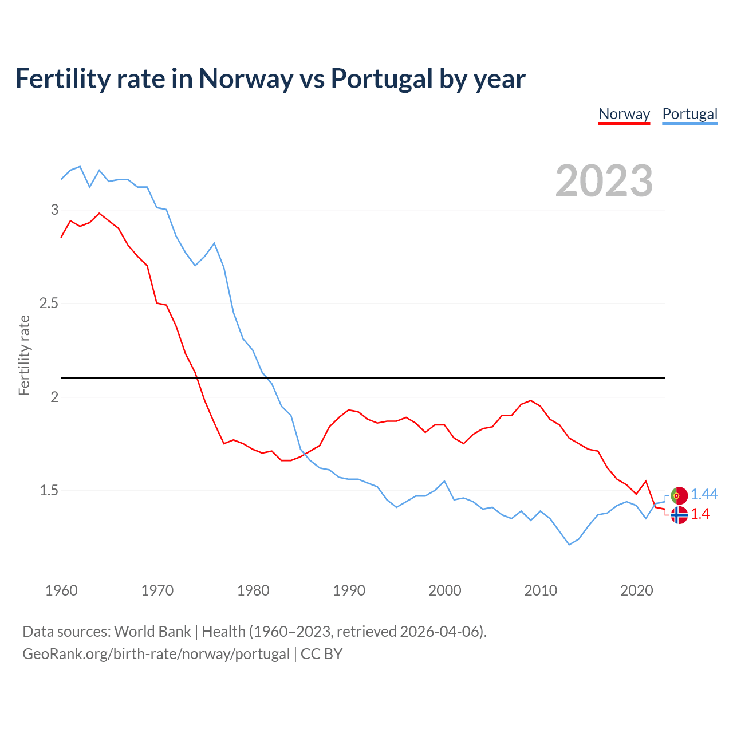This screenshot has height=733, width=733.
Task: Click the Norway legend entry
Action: pyautogui.click(x=624, y=114)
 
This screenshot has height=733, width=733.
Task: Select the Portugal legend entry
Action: pyautogui.click(x=689, y=114)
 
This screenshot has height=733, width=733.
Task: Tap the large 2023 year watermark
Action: pyautogui.click(x=604, y=181)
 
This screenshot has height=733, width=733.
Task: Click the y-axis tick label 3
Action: pyautogui.click(x=55, y=210)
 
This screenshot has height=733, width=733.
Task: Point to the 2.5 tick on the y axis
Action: pyautogui.click(x=49, y=303)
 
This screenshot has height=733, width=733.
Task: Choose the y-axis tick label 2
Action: pyautogui.click(x=55, y=397)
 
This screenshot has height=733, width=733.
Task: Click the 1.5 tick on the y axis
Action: pyautogui.click(x=49, y=490)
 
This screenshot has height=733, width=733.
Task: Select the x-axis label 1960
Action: pyautogui.click(x=61, y=590)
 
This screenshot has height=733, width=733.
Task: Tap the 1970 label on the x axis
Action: pyautogui.click(x=157, y=590)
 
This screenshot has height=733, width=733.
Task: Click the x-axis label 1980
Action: pyautogui.click(x=253, y=590)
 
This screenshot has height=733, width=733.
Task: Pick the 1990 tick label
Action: pyautogui.click(x=349, y=590)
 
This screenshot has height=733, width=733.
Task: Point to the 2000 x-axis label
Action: pyautogui.click(x=444, y=590)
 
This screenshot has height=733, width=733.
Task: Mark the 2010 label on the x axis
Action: pyautogui.click(x=541, y=590)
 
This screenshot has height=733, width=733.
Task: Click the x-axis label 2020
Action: pyautogui.click(x=636, y=590)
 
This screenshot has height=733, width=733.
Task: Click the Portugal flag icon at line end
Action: pyautogui.click(x=679, y=495)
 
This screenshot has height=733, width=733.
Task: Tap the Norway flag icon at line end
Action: pyautogui.click(x=679, y=515)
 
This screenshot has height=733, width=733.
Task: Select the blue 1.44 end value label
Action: pyautogui.click(x=704, y=494)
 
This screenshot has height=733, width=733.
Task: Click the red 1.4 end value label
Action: pyautogui.click(x=700, y=514)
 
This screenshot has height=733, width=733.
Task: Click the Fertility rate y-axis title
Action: pyautogui.click(x=24, y=355)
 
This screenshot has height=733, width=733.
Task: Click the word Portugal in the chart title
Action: pyautogui.click(x=381, y=78)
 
